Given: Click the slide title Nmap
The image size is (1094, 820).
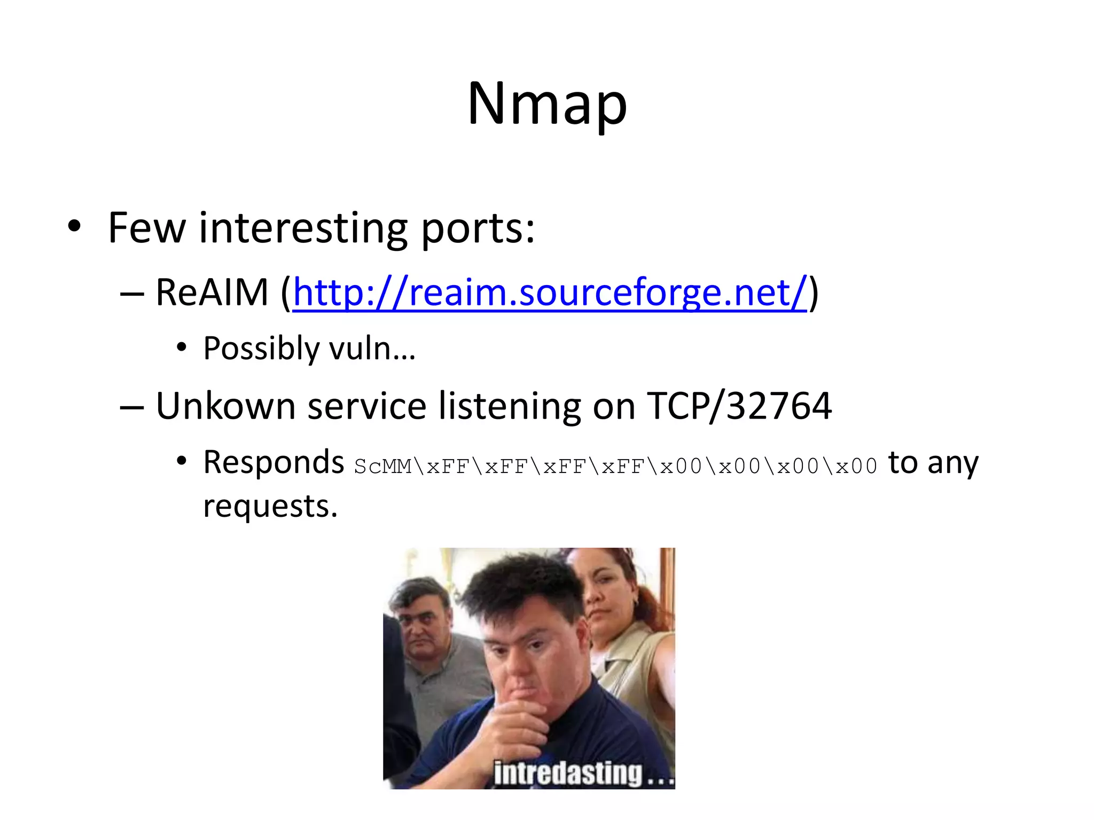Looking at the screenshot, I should coord(547,104).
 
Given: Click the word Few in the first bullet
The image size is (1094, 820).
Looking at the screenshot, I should coord(146,228).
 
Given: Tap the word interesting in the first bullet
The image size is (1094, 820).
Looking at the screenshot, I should coord(303,228).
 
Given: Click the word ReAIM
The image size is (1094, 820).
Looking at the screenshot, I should coord(212,293).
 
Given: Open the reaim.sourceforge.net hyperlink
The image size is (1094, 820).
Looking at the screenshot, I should coord(550,293).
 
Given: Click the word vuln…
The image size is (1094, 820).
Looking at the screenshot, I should coord(372,349).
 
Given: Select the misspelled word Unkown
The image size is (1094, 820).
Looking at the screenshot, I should coord(225,406).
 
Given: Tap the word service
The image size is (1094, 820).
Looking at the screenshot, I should coord(367,406).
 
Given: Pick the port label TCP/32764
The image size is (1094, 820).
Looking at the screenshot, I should coord(739,406).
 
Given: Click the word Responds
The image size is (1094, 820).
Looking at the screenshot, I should coord(273,462).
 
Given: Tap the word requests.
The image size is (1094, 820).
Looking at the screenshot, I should coord(270,507).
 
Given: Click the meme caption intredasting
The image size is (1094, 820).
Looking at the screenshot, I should coord(568,773).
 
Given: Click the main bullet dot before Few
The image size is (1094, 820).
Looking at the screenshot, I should coord(74,226).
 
